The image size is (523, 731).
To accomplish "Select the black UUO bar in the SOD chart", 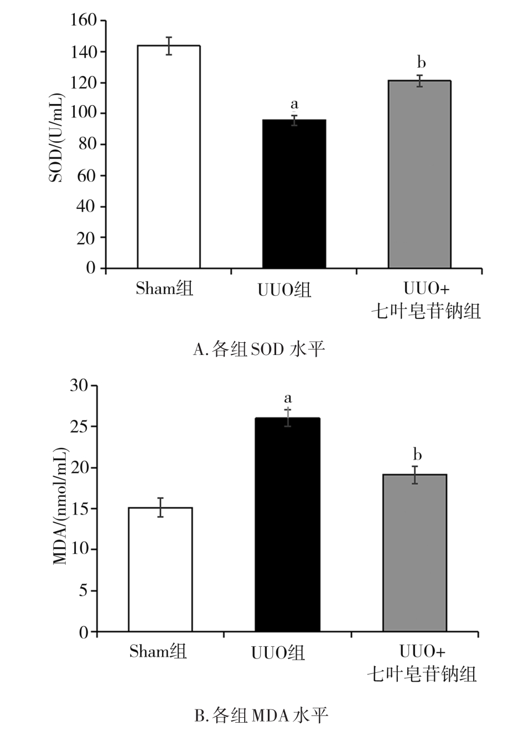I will click(294, 194).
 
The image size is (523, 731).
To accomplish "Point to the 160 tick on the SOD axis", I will click(84, 20).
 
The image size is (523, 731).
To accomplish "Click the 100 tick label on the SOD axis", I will click(84, 114).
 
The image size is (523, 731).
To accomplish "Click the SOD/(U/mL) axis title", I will click(57, 138).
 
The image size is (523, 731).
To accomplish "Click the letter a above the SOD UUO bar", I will click(294, 104).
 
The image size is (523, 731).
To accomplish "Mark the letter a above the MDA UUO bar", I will click(288, 398).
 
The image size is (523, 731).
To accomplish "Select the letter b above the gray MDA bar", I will click(417, 455).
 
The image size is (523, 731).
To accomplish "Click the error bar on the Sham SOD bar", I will click(169, 46).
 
